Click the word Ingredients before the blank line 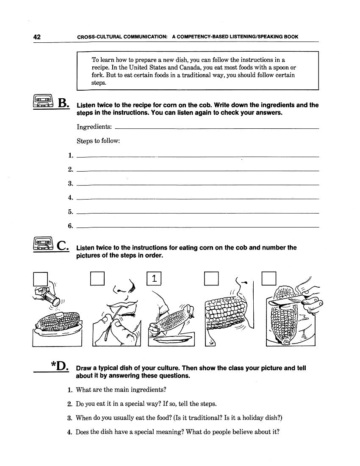(x=94, y=127)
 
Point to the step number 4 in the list (x=71, y=197)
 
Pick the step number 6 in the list (x=71, y=226)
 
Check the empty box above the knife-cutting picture (x=269, y=278)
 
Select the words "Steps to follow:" (x=98, y=141)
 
